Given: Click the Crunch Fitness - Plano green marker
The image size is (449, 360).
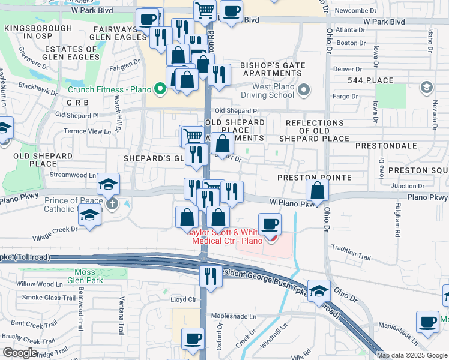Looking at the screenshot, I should (x=160, y=91).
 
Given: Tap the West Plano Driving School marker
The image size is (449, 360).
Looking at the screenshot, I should (x=304, y=91).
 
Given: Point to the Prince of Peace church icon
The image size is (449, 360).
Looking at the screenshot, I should (x=112, y=204).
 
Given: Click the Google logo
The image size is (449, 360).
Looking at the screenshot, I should (x=20, y=353).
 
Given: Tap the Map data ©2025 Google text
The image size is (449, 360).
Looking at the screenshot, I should (x=412, y=355).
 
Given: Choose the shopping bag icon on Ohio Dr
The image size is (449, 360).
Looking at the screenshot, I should (x=317, y=190).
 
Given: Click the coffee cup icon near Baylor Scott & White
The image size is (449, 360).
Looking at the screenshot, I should (x=270, y=224).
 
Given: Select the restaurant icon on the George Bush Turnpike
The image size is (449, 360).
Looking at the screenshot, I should (x=210, y=276).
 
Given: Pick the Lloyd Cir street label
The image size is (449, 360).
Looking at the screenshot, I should (x=184, y=299).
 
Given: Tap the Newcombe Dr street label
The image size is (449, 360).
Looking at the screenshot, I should (x=355, y=11).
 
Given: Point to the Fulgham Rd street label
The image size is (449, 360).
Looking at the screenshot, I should (x=397, y=218).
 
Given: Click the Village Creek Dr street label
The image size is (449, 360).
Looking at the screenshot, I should (x=58, y=229).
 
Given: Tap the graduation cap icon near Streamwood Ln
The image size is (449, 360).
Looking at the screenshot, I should (x=108, y=183).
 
